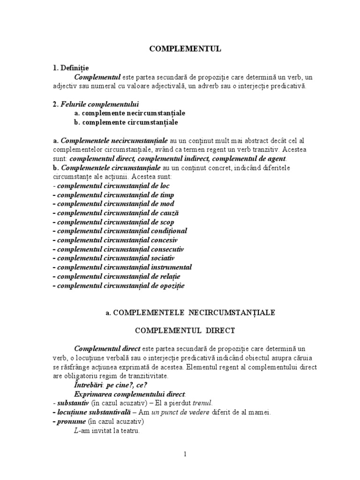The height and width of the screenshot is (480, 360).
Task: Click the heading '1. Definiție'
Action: pyautogui.click(x=71, y=68)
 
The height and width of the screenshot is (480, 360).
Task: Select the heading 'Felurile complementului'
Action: pyautogui.click(x=100, y=104)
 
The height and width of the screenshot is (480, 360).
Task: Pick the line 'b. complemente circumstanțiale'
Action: pyautogui.click(x=126, y=122)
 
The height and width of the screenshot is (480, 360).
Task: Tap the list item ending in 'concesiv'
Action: pyautogui.click(x=118, y=240)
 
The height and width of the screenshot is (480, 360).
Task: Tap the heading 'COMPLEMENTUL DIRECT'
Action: pyautogui.click(x=185, y=330)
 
